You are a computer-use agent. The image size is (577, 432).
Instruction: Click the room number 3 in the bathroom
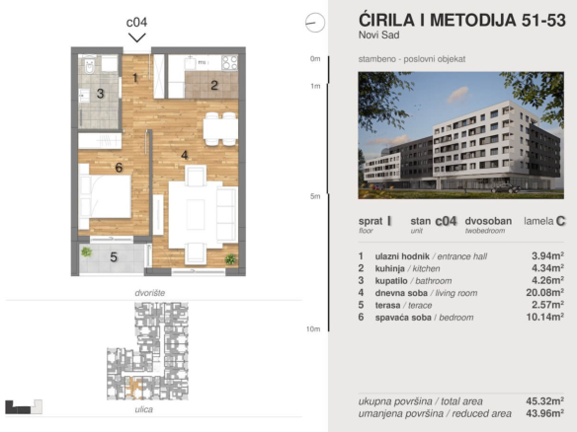coord(100,94)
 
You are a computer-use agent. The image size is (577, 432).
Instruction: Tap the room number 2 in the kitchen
coord(214,85)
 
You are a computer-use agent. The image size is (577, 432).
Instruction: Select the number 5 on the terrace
coord(114,257)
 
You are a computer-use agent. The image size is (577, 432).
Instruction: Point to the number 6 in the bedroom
coord(119,168)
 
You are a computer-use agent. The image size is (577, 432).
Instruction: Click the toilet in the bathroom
coord(90,65)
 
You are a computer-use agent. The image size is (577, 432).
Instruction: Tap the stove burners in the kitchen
coord(229,62)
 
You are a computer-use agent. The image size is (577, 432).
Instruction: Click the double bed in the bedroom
coord(105,196)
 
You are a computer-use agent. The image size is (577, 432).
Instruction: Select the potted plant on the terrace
coord(87,252)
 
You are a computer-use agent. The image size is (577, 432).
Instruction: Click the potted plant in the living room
coord(231,259)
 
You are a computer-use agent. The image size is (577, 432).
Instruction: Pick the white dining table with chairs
coord(220,129)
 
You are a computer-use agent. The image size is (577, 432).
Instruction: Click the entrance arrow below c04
coord(137,37)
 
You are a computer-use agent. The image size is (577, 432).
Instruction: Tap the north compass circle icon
coord(315,23)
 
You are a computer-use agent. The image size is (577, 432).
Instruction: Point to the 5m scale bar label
coord(315,196)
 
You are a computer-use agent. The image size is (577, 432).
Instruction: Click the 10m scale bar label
coord(313,328)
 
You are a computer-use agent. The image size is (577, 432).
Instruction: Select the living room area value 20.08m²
coord(545,292)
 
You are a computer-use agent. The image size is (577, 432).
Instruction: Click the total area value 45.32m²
coord(545,400)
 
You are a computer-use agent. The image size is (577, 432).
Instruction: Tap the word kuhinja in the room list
coord(389,268)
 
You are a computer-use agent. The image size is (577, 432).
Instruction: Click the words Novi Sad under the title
coord(379,35)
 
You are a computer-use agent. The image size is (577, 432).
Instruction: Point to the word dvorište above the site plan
coord(150,293)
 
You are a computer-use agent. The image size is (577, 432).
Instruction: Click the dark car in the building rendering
coord(506,188)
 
